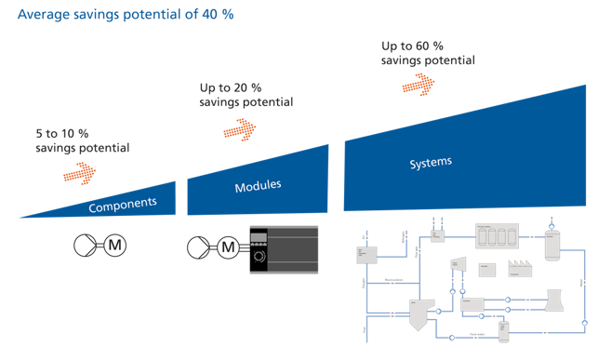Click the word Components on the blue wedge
(x=129, y=203)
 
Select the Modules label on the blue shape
(x=258, y=186)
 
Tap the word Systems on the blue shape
(x=431, y=164)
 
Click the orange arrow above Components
(x=80, y=172)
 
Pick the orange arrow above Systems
(x=419, y=85)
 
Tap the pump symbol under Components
(x=85, y=247)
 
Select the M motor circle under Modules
(x=228, y=247)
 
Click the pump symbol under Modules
(x=198, y=247)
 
